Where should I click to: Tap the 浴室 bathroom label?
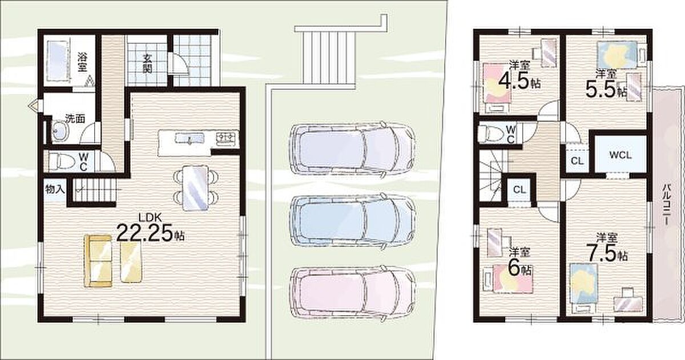coord(82,62)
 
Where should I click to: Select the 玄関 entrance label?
coord(147,64)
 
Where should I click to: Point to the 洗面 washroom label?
coord(75,119)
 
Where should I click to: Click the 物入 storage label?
coord(55,189)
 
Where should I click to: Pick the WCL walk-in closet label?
coord(620,155)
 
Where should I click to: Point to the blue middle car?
coord(352,221)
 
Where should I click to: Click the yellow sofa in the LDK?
coord(98,261)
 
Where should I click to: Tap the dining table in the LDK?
coord(195,188)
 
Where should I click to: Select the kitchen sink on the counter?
coord(190,138)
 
